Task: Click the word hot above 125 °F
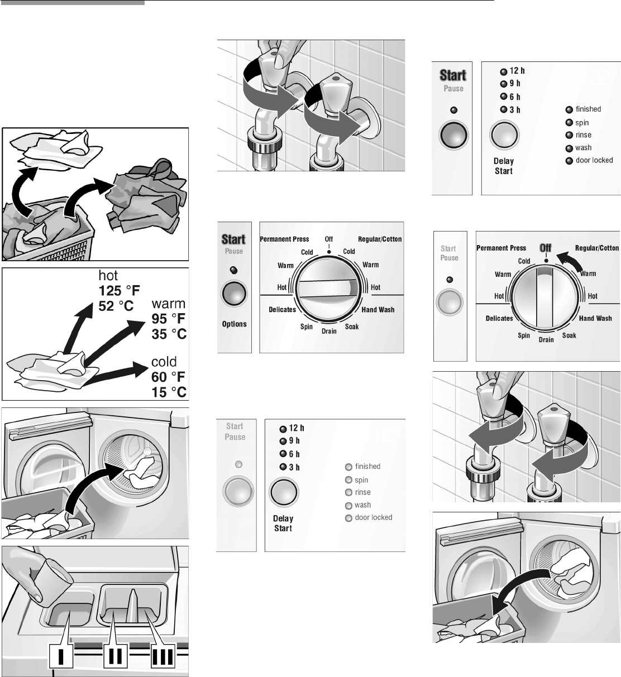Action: click(x=109, y=276)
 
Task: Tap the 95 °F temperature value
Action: click(x=169, y=319)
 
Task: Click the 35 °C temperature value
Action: click(x=169, y=334)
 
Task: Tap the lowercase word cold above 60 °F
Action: click(x=164, y=362)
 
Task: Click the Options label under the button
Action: click(x=234, y=324)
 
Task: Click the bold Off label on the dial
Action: click(x=545, y=247)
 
